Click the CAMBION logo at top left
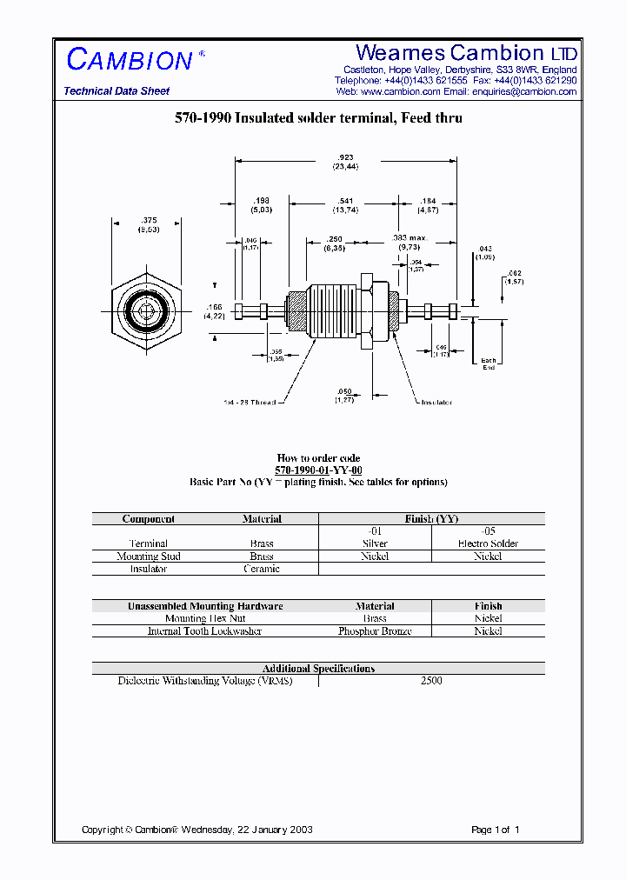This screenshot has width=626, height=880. click(130, 60)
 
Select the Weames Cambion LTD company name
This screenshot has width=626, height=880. click(466, 53)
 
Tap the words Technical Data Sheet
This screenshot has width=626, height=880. click(117, 91)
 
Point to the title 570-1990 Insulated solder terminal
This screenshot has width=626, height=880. click(318, 118)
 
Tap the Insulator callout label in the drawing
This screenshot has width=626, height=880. click(436, 403)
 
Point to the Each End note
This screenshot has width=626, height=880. click(489, 363)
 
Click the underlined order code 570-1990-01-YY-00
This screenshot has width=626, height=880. click(318, 470)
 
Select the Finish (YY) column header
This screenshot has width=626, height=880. click(432, 519)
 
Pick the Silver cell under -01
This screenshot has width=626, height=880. click(375, 543)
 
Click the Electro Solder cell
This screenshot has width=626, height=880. click(488, 543)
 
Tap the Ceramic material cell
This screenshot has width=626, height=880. click(262, 569)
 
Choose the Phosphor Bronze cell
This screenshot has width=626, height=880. click(375, 631)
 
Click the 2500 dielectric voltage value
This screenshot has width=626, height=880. click(431, 681)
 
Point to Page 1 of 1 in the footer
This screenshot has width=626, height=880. click(495, 830)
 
